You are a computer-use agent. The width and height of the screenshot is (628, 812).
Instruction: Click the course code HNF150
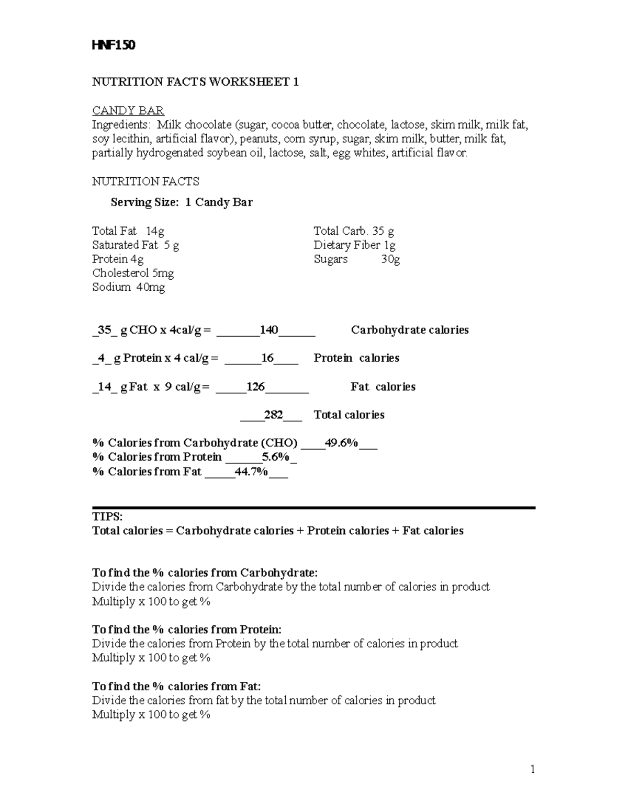point(114,45)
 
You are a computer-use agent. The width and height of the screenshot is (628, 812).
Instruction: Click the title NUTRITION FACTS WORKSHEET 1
point(195,82)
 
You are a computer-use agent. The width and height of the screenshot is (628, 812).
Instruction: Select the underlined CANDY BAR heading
point(128,110)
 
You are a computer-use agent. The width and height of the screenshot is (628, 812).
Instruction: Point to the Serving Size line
point(182,202)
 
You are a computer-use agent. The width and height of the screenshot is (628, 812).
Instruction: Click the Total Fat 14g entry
point(128,231)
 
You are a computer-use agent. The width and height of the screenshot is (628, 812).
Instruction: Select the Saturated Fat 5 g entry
point(136,245)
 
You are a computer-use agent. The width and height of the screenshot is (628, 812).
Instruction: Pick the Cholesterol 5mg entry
point(133,273)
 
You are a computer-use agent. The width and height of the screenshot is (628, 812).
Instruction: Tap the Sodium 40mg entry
point(128,287)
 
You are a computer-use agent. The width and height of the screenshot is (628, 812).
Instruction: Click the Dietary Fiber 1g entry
point(354,245)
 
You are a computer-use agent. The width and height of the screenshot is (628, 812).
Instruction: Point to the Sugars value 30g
point(390,259)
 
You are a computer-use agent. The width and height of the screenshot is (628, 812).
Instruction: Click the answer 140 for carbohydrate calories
point(269,330)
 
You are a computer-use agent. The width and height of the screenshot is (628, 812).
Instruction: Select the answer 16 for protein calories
point(267,358)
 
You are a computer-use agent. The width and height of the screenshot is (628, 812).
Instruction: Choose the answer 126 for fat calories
point(256,387)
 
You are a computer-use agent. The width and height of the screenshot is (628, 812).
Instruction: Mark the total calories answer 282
point(273,415)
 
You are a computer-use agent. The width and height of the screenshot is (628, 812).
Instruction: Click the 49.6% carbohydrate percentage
point(341,443)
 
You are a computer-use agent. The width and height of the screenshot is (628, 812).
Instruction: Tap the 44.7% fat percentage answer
point(252,472)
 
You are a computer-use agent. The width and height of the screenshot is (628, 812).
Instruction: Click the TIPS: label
point(107,517)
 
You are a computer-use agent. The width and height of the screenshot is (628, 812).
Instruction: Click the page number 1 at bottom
point(533,769)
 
